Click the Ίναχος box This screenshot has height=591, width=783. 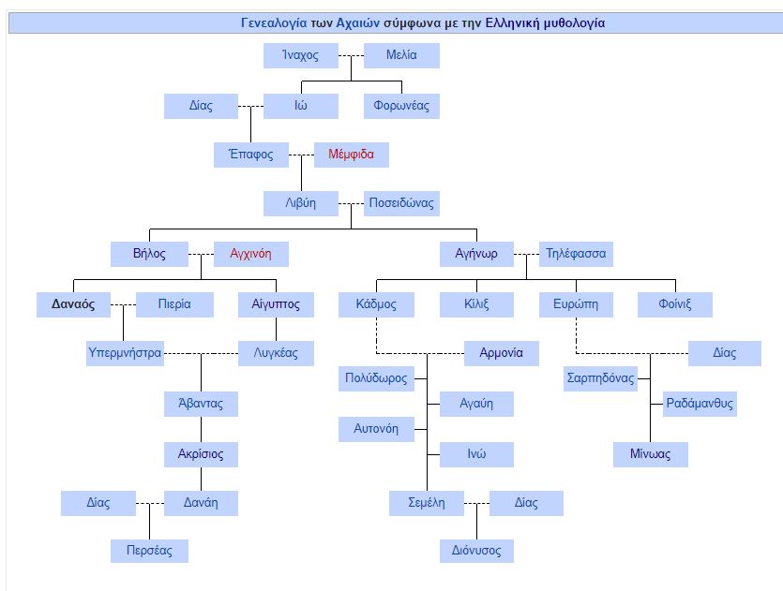coord(300,56)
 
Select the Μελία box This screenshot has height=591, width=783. coord(401,56)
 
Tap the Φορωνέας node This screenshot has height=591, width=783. coord(401,106)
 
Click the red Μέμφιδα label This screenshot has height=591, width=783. coord(351,155)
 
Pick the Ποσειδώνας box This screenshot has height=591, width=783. coord(400,203)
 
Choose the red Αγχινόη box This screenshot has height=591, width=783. coord(250,254)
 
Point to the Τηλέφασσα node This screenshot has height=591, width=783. coord(576,254)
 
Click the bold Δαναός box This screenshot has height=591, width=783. coord(73,304)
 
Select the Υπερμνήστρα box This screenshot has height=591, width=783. coord(125,354)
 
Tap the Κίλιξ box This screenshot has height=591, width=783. coord(476,304)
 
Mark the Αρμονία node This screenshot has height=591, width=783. coord(502,354)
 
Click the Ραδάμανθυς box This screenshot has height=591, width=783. coord(700,405)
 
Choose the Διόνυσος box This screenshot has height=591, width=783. coord(476,551)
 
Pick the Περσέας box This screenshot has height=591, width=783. coord(150,551)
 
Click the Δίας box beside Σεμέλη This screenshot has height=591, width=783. coord(526,503)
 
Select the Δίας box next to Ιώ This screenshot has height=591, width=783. coord(201,106)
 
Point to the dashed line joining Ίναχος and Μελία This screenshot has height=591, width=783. coord(351,56)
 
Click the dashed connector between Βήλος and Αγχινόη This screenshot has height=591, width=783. coord(201,254)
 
